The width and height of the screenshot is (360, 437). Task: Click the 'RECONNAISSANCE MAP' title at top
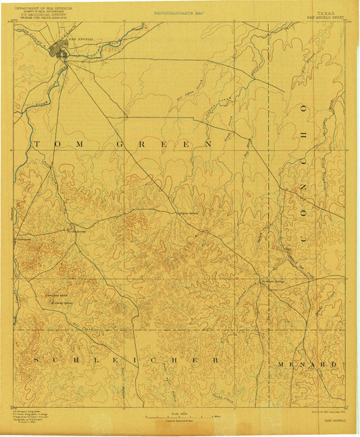coord(180,13)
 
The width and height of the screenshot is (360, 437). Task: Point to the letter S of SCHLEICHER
coord(34,360)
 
